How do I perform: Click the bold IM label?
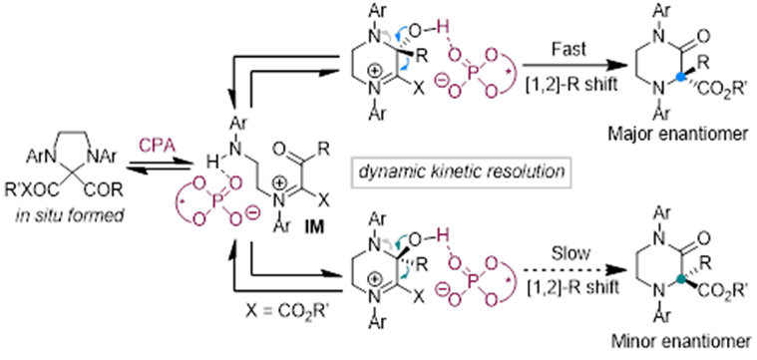(x=316, y=225)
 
